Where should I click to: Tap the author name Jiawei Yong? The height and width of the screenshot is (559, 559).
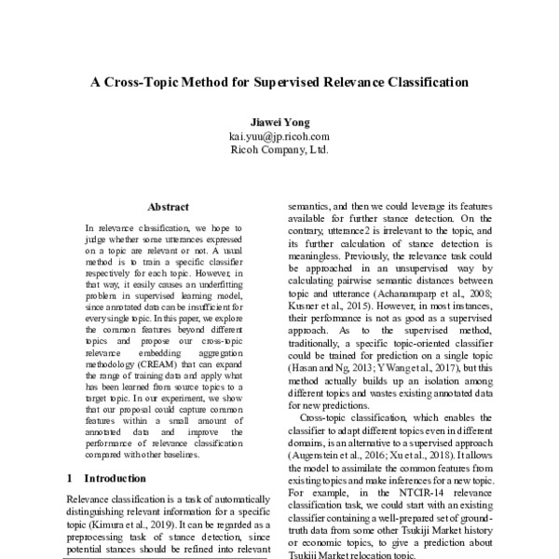coord(279,123)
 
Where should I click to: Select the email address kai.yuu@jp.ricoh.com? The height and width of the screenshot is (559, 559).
coord(279,136)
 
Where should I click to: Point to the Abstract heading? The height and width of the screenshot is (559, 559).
coord(168,207)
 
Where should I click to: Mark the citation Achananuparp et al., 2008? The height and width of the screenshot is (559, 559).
coord(446,290)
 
